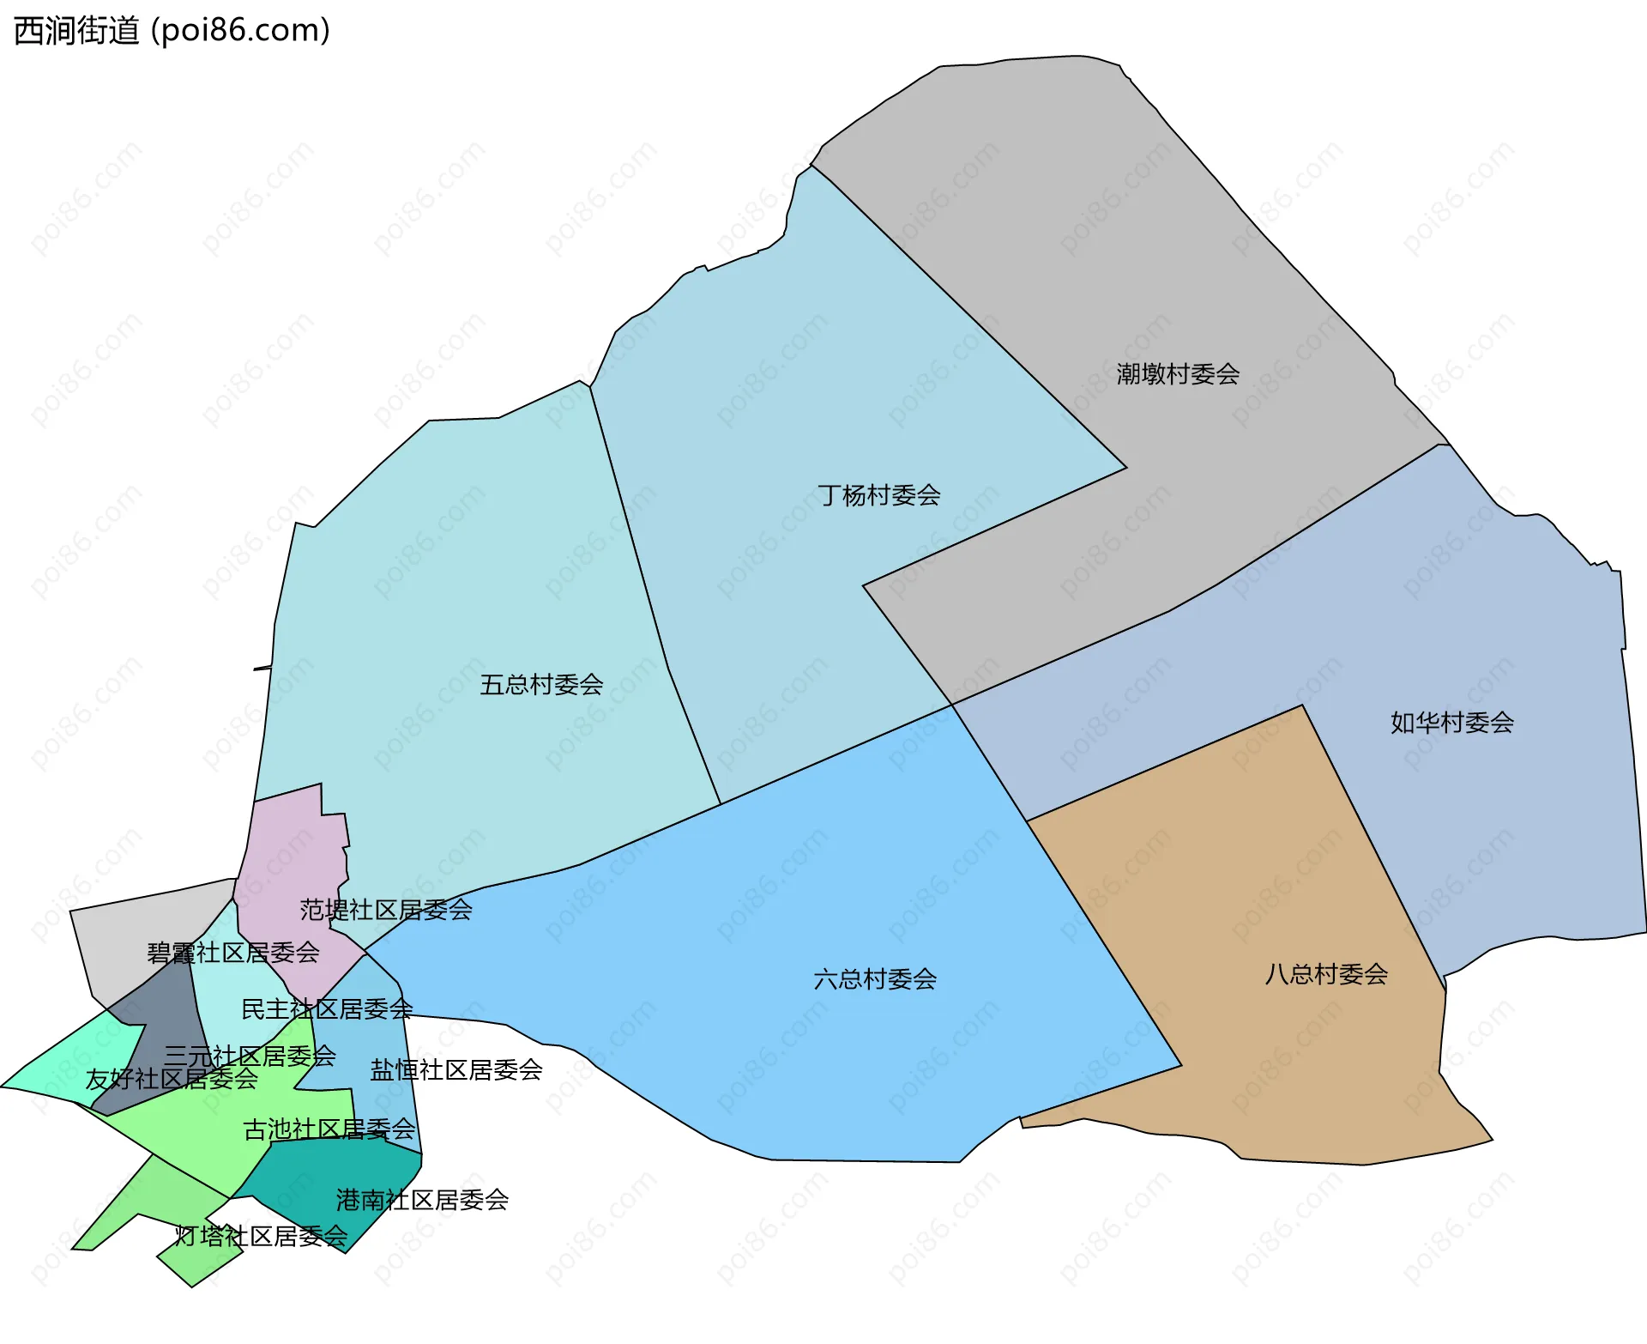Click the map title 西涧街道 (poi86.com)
tap(172, 31)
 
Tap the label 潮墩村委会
tap(1178, 374)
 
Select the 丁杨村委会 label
tap(878, 495)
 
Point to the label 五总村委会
tap(541, 685)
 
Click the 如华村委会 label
tap(1451, 723)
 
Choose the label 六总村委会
tap(874, 979)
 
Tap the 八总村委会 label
tap(1326, 974)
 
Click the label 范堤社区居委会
tap(386, 910)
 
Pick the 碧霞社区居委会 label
tap(233, 953)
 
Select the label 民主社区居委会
tap(327, 1009)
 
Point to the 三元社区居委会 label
tap(250, 1056)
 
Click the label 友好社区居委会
tap(172, 1079)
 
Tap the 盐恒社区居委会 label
tap(456, 1070)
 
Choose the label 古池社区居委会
tap(329, 1129)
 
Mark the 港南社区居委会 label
tap(422, 1200)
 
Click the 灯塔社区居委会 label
tap(261, 1237)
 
